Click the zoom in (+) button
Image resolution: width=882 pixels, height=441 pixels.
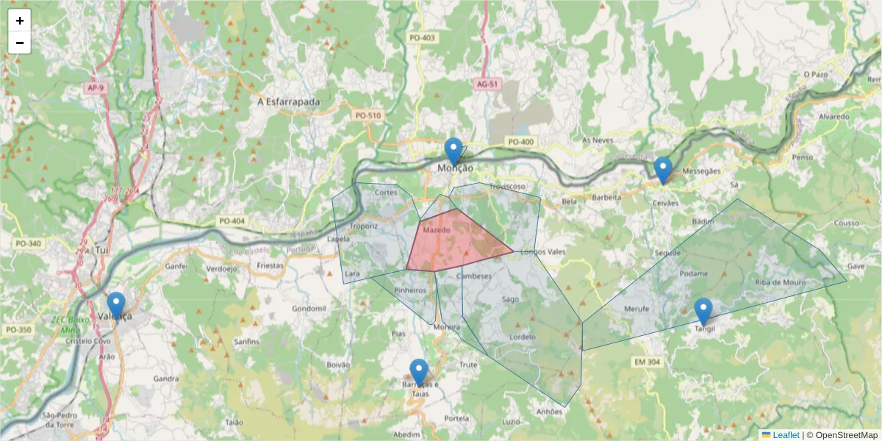[20, 21]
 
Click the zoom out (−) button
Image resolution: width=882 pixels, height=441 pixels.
[20, 43]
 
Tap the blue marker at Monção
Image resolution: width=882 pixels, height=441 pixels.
[453, 151]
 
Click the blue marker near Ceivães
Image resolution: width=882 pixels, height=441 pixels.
[663, 171]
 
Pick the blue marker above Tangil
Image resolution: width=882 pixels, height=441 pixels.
[703, 311]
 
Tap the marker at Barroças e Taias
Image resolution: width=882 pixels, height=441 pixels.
[419, 373]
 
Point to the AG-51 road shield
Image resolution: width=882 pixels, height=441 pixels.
[487, 85]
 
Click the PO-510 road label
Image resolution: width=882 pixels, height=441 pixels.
[368, 115]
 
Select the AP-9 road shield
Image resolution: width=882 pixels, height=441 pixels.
[95, 88]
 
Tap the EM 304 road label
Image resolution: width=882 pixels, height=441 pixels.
[647, 362]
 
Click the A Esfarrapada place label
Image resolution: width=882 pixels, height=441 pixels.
[289, 101]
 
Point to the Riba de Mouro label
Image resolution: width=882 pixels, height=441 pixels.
[781, 282]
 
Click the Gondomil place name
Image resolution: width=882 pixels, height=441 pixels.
[309, 309]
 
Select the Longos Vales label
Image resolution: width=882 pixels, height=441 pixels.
[542, 252]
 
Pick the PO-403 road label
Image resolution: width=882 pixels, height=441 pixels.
[423, 37]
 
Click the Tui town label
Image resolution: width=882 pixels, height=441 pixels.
[102, 251]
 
